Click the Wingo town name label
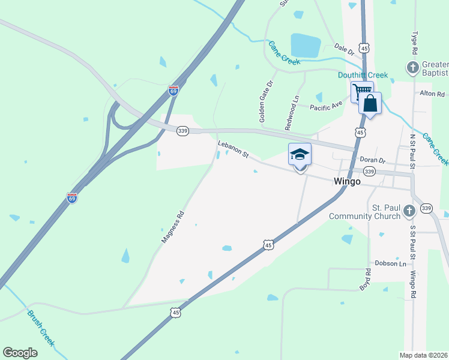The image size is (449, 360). pos(347,181)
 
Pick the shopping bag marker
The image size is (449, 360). pos(370,103)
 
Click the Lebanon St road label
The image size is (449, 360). pos(233,149)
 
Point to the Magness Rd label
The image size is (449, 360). pos(172,226)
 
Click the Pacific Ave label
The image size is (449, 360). pos(326,106)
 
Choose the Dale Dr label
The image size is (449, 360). pos(344,50)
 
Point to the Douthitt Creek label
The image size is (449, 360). pos(362,75)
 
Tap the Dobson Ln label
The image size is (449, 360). pos(390,263)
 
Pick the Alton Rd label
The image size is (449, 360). pos(432,94)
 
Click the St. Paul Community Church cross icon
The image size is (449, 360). pos(409,211)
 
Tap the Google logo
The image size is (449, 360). pos(20,353)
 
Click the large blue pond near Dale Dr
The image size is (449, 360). pos(306,45)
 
